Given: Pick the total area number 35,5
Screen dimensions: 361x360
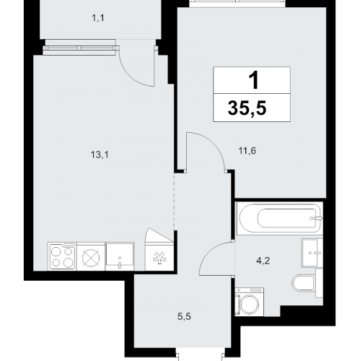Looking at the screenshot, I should click(253, 108).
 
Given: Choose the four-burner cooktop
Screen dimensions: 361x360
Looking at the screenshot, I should click(61, 256).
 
